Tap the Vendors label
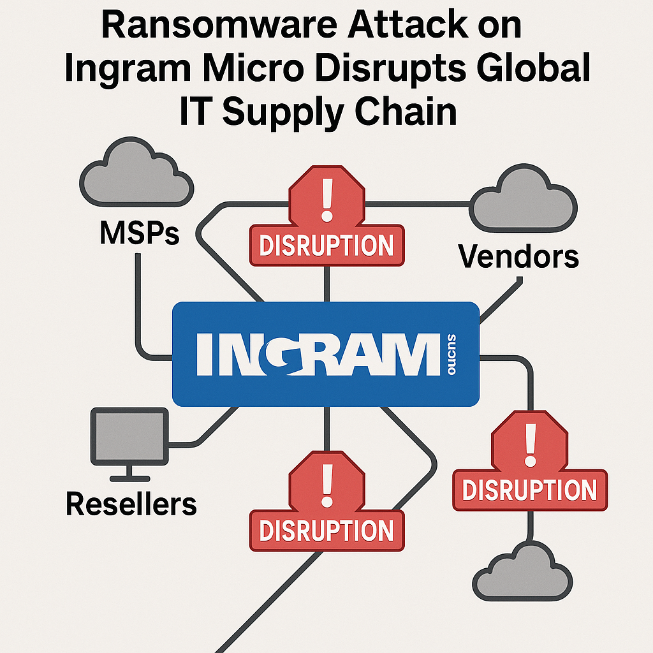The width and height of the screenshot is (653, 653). point(518,256)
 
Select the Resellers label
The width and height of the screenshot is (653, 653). point(131,504)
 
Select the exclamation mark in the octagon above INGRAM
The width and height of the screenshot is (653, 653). point(327,196)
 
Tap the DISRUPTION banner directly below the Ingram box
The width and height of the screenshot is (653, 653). point(326,530)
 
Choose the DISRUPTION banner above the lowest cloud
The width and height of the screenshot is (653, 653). point(529,490)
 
